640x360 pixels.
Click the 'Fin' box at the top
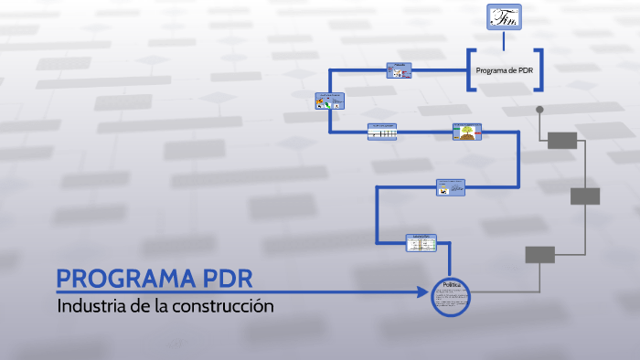click(504, 17)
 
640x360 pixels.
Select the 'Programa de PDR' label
click(505, 70)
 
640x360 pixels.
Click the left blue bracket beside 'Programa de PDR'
click(471, 70)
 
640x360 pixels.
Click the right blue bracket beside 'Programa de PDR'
click(539, 70)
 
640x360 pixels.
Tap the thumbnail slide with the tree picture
click(467, 132)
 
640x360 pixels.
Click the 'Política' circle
click(451, 297)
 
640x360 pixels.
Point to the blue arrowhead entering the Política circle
click(422, 292)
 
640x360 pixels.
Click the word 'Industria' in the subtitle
click(91, 305)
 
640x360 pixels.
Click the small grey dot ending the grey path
click(539, 110)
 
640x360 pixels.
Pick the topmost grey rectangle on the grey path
click(562, 140)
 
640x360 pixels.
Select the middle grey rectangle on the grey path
click(585, 196)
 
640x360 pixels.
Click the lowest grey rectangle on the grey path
click(539, 255)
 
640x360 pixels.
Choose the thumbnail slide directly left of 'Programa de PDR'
click(399, 70)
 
